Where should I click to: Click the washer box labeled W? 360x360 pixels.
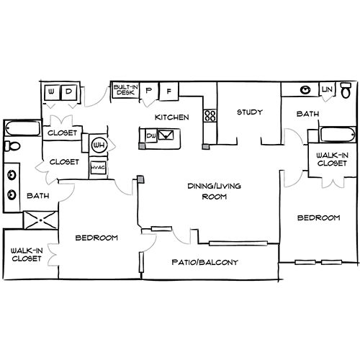coord(52,92)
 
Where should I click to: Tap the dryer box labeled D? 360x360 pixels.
coord(69,92)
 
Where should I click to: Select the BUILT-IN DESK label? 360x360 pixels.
coord(125,90)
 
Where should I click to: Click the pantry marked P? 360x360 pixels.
coord(149,91)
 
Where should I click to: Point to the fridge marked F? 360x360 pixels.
coord(169,91)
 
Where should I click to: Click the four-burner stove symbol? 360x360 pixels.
coord(210,115)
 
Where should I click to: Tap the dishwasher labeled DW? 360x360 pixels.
coord(151,136)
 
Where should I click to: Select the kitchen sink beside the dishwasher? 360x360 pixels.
coord(166,135)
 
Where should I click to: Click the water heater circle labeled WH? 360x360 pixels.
coord(99,145)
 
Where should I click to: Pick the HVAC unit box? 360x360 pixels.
coord(98,167)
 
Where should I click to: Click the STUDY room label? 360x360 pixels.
coord(250,112)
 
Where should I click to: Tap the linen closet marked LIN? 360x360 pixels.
coord(327,90)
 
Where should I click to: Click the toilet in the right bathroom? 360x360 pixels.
coord(346,90)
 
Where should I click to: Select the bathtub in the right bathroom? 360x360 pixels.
coord(338,135)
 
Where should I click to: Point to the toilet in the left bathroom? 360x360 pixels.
coord(12,146)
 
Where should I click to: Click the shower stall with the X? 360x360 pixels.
coord(41,220)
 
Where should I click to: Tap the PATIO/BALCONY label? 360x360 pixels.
coord(205,262)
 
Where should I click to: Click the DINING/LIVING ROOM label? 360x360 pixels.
coord(215,192)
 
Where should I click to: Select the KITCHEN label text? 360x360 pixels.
coord(172,117)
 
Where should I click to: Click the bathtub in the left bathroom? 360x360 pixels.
coord(23,128)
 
